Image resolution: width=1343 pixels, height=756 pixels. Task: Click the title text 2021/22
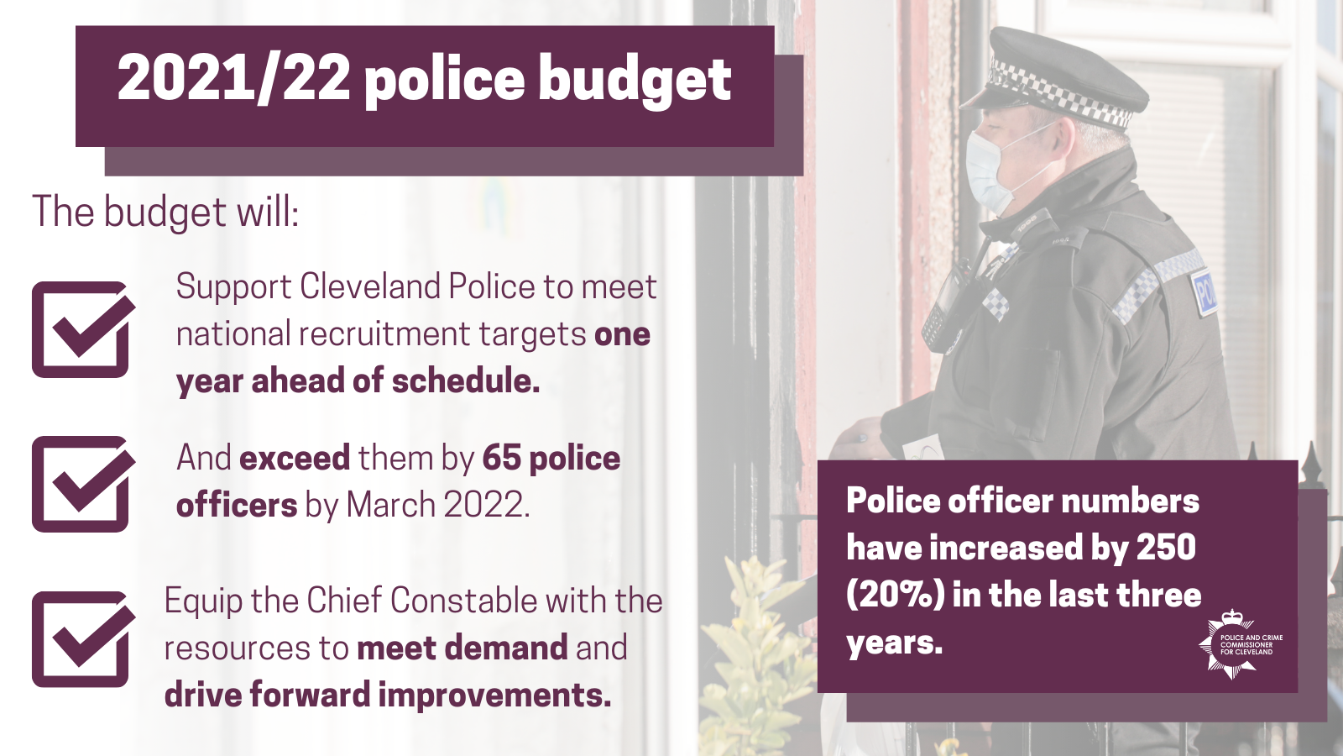(x=233, y=79)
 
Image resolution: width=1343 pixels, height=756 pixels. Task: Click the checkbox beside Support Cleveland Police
(x=81, y=329)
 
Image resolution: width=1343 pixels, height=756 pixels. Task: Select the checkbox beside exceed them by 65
(x=81, y=484)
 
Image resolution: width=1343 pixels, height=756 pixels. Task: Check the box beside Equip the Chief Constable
(x=81, y=639)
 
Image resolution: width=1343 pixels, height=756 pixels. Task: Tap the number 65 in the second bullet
(x=501, y=459)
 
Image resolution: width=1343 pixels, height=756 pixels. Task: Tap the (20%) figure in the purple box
(x=895, y=595)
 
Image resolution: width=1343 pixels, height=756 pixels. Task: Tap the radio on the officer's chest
(x=944, y=311)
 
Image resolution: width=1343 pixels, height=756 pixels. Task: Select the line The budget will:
(x=165, y=212)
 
